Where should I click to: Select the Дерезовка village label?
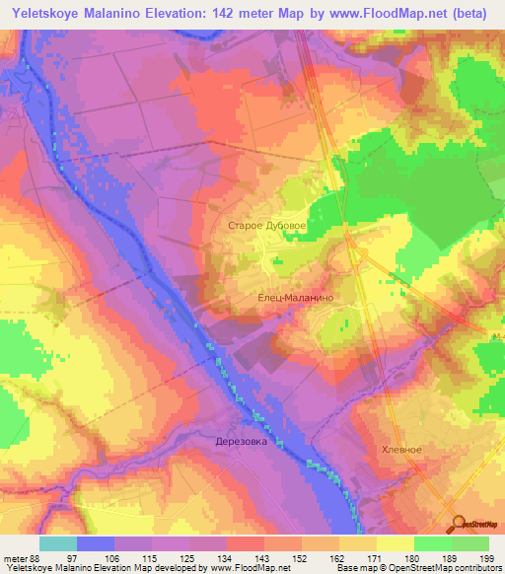pos(242,442)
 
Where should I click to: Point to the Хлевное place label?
pos(401,449)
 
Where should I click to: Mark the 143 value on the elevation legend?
pos(247,559)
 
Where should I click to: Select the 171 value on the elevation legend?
pos(358,559)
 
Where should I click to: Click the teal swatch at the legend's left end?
pos(58,543)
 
